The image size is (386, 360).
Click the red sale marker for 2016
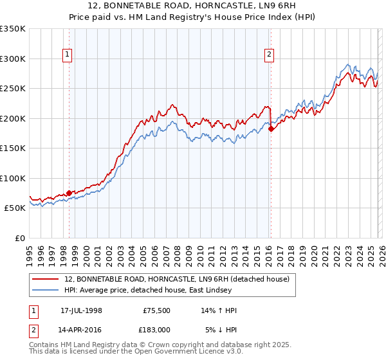[271, 129]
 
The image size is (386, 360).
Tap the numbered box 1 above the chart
[68, 55]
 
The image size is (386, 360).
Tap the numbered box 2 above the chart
[269, 55]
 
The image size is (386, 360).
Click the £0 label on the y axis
[20, 238]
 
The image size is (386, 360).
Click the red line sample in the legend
[46, 279]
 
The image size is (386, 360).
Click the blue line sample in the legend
[46, 290]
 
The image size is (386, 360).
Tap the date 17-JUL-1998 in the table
[81, 311]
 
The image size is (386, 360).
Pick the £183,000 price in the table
[156, 329]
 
